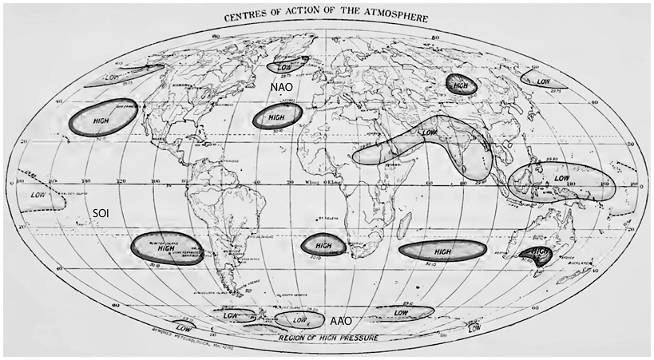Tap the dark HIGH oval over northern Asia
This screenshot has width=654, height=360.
click(x=459, y=84)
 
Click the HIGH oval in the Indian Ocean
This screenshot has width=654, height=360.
click(x=442, y=250)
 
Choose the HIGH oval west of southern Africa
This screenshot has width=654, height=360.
click(x=323, y=245)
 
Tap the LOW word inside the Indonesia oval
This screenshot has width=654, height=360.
click(x=562, y=178)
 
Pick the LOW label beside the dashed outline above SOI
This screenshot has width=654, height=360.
click(x=38, y=194)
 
